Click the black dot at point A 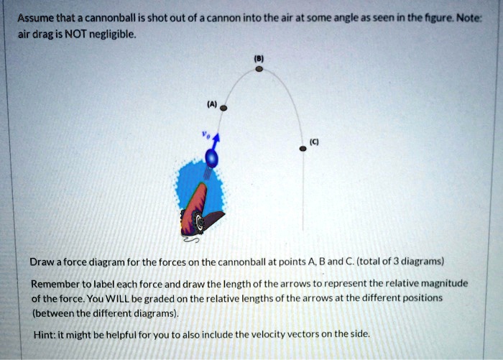click(223, 108)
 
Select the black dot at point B click(259, 70)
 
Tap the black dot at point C click(303, 148)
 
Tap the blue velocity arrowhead click(217, 137)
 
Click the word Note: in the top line click(469, 17)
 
